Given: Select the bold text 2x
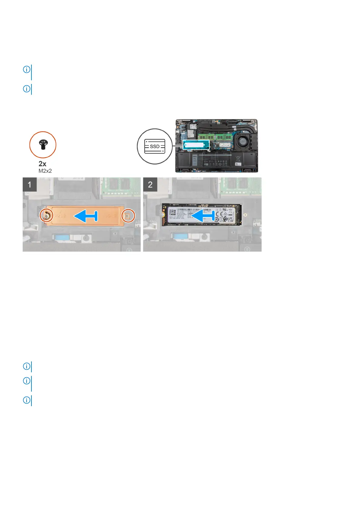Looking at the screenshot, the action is click(x=43, y=164).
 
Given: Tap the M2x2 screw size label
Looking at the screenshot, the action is click(x=45, y=171).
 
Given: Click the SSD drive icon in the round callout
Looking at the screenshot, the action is click(x=154, y=146).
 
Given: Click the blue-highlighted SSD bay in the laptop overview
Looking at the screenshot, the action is click(x=196, y=145).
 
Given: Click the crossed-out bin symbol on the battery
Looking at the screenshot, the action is click(x=238, y=158).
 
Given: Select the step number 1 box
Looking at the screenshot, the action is click(x=30, y=184).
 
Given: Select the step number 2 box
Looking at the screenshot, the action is click(x=150, y=184).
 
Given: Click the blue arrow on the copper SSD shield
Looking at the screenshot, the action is click(x=86, y=216).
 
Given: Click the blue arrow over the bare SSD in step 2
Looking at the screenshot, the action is click(x=204, y=216).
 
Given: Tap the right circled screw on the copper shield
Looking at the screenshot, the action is click(x=128, y=215).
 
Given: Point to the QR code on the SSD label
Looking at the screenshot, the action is click(x=173, y=212).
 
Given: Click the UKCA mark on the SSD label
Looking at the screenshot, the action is click(x=230, y=219).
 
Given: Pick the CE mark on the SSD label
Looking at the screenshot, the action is click(x=220, y=213).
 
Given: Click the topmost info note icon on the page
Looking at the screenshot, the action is click(x=27, y=70).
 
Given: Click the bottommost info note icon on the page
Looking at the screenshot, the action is click(x=27, y=400).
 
